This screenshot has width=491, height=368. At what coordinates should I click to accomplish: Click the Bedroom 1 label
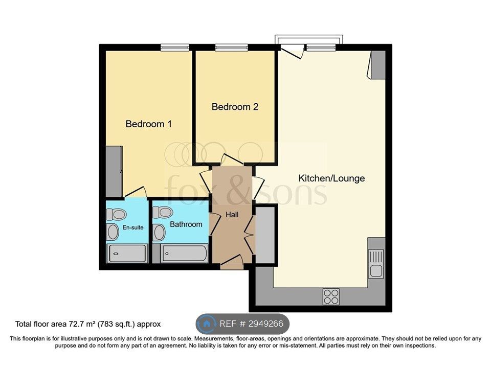click(148, 124)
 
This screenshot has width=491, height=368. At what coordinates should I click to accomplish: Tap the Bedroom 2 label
click(235, 107)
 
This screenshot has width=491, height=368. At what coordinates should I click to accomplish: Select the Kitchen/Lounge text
click(331, 178)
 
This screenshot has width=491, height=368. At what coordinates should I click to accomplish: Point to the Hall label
click(232, 215)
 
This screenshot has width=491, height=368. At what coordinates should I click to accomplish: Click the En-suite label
click(133, 227)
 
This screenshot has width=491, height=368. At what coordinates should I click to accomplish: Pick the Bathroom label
click(186, 224)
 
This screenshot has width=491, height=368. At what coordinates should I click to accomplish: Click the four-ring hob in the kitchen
click(331, 296)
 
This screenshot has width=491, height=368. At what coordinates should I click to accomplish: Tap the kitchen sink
click(376, 263)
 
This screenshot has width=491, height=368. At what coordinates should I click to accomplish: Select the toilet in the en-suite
click(116, 215)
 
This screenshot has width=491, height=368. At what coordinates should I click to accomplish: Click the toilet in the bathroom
click(162, 212)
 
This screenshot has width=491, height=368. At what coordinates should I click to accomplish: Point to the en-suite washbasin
click(113, 232)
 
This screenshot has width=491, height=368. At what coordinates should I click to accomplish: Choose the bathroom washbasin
click(159, 233)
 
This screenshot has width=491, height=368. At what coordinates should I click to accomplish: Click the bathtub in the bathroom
click(184, 253)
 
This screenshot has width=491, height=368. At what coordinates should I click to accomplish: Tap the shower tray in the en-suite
click(127, 254)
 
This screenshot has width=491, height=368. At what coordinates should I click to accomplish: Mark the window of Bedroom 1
click(175, 48)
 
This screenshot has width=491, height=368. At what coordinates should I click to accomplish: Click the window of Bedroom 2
click(231, 48)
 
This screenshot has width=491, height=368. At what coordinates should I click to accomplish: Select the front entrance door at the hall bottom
click(232, 262)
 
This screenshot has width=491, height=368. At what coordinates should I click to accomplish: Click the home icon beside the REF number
click(207, 324)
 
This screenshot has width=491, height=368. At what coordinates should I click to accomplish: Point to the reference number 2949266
click(266, 324)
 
